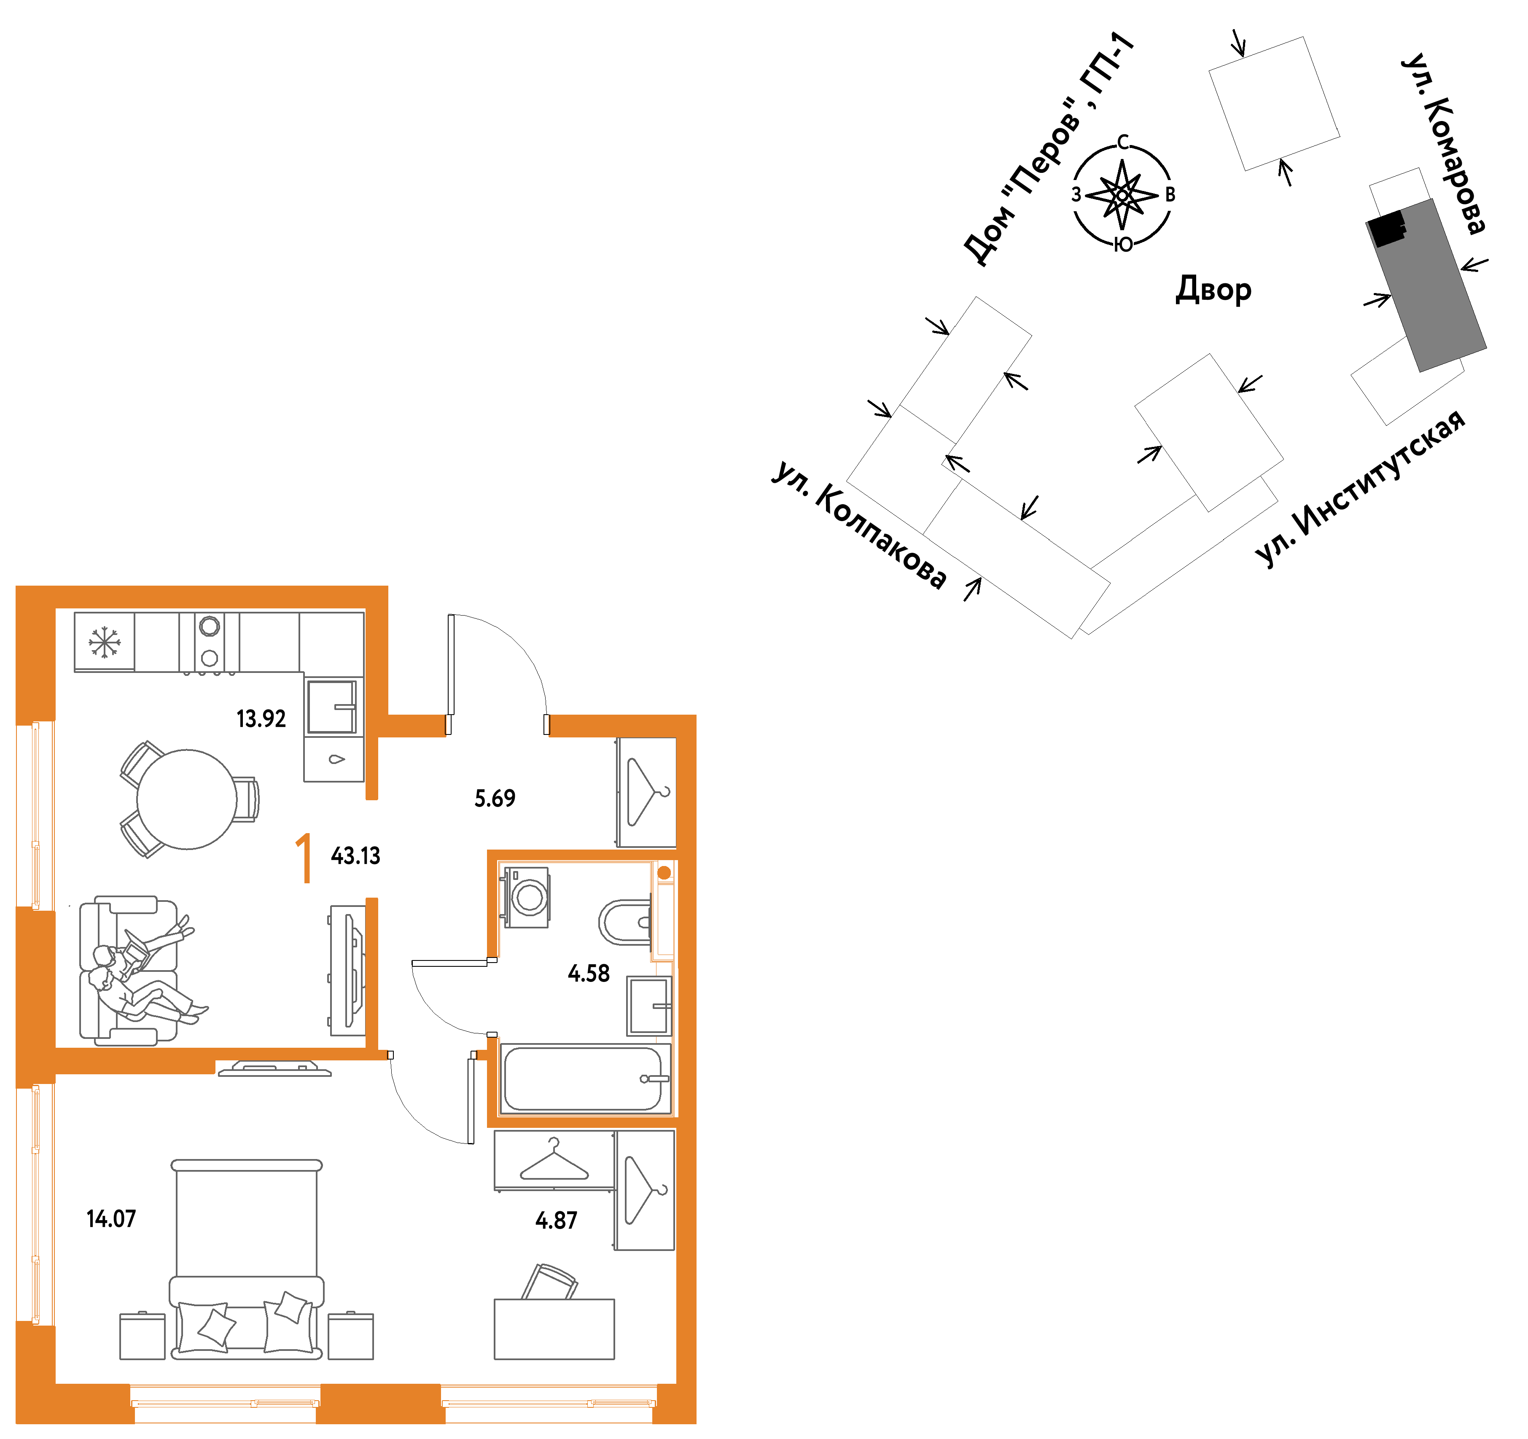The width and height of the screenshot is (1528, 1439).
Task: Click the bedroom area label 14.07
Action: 111,1219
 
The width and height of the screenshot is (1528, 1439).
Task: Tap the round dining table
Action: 187,799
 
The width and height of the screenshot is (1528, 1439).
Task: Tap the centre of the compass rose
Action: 1122,195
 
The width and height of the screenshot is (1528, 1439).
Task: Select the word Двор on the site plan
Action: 1213,290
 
